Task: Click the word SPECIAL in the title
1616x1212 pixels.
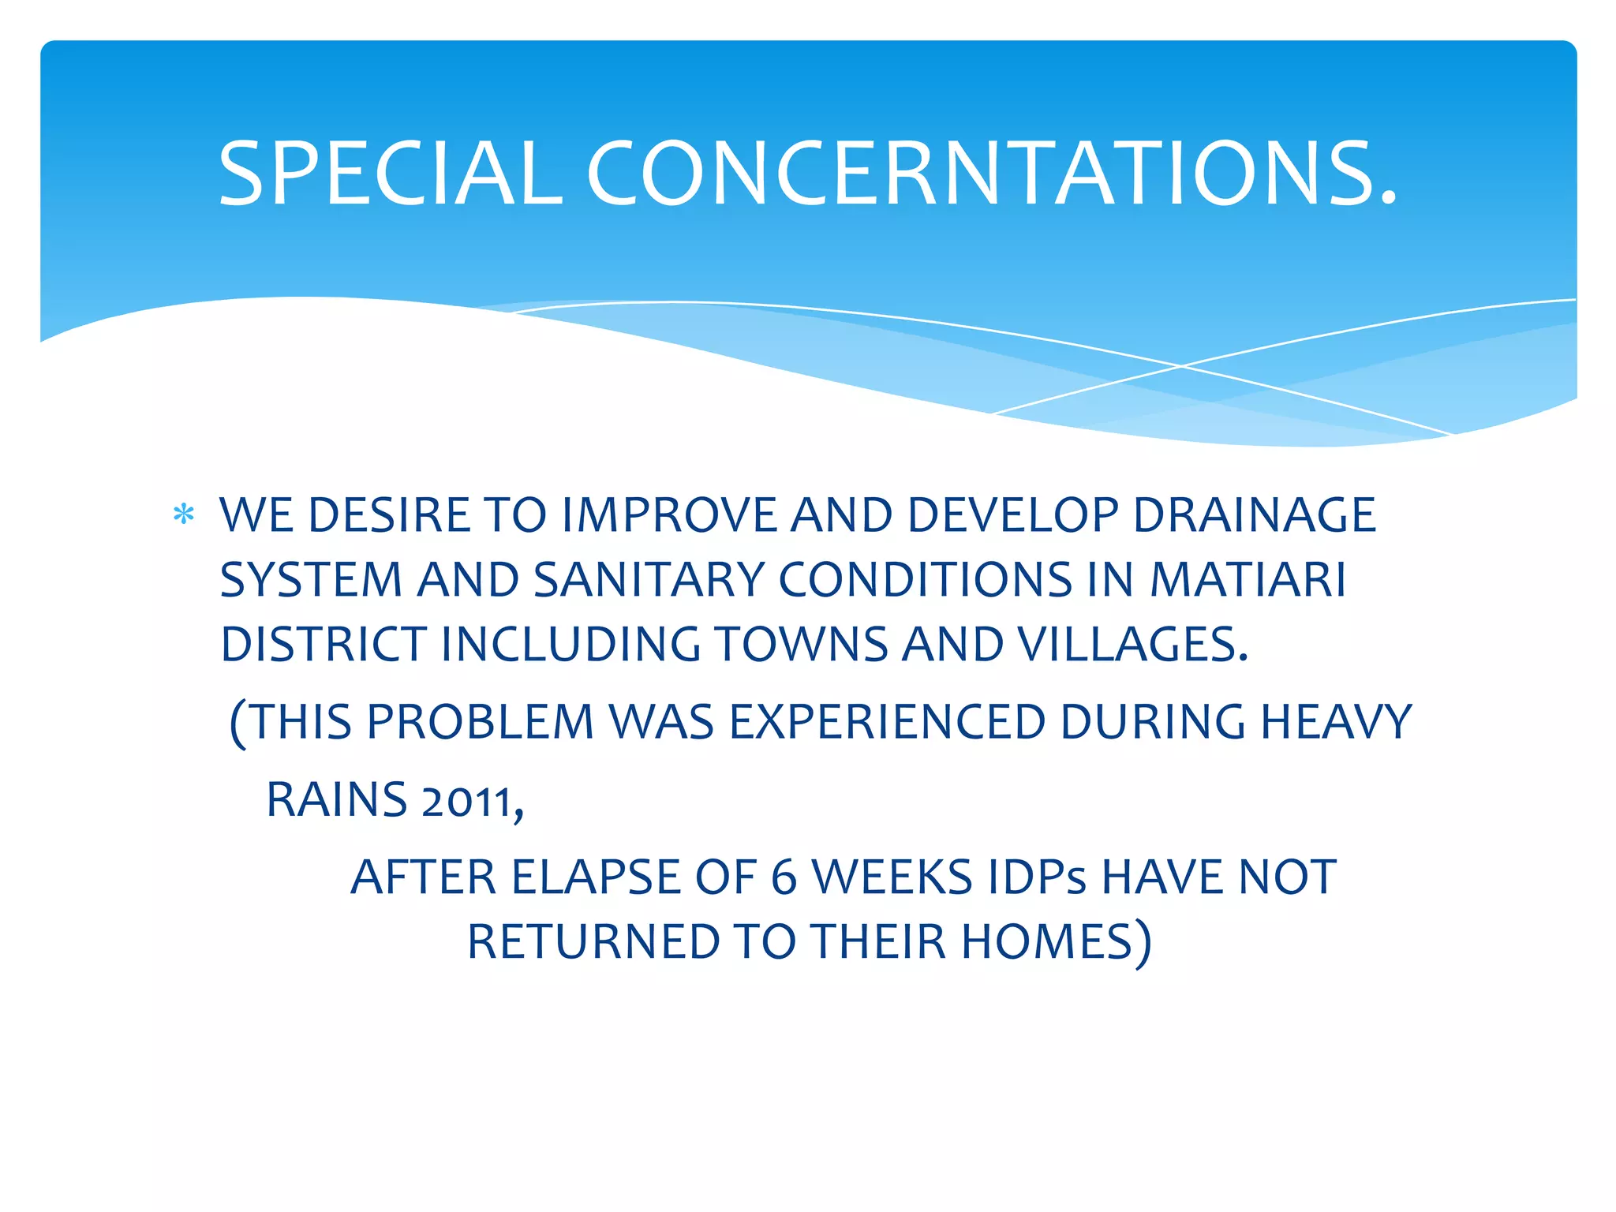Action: coord(391,174)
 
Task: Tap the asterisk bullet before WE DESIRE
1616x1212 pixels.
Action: coord(184,514)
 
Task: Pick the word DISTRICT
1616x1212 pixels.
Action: coord(324,645)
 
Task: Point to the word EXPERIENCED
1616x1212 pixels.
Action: coord(887,722)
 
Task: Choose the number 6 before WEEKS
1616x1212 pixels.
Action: coord(784,877)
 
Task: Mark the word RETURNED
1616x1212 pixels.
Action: coord(593,942)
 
